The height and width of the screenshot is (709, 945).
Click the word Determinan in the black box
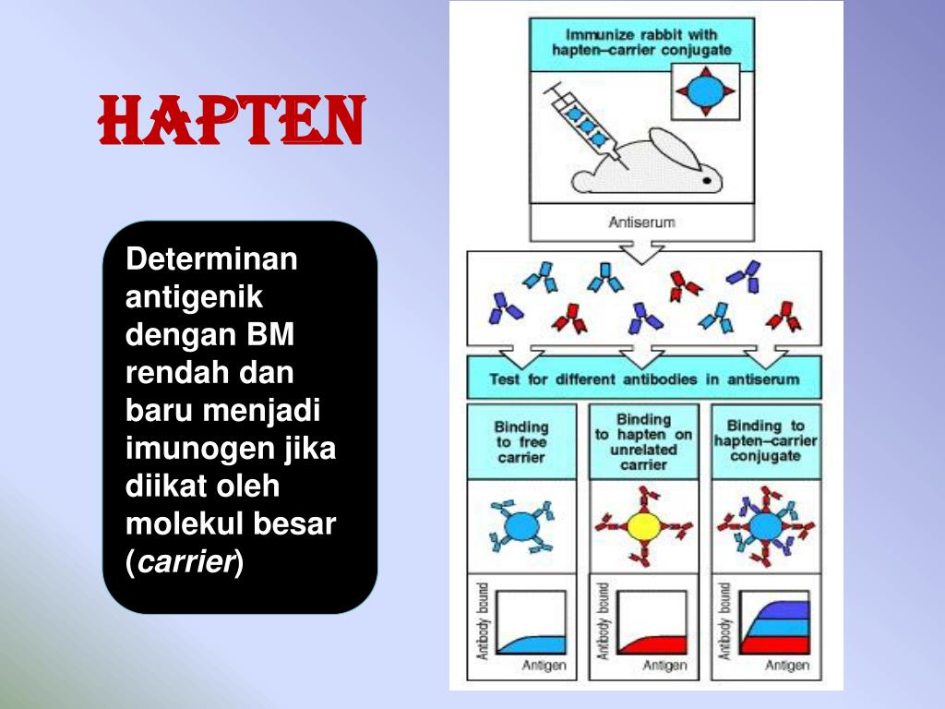tap(211, 259)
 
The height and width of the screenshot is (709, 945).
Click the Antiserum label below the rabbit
tap(641, 222)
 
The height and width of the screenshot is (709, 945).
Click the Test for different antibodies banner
tap(643, 379)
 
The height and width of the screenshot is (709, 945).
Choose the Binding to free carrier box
tap(521, 441)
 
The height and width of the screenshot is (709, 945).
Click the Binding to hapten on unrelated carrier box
tap(643, 441)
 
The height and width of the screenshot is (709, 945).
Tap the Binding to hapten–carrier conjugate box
tap(765, 440)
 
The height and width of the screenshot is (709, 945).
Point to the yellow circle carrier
tap(643, 526)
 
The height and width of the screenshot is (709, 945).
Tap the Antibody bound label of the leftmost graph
tap(482, 619)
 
